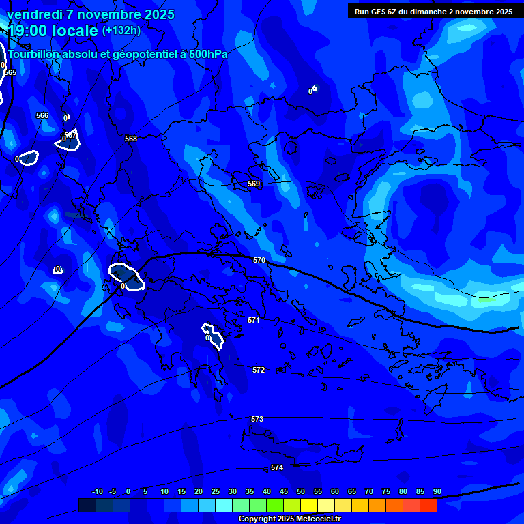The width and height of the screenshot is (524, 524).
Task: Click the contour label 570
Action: tap(259, 260)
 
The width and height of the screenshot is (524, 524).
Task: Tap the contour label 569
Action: tap(254, 184)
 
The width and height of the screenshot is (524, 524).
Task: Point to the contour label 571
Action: tap(254, 320)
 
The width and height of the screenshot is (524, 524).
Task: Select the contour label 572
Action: tap(259, 370)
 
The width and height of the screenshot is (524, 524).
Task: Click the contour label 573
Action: tap(257, 419)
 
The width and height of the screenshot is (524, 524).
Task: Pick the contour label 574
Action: tap(277, 467)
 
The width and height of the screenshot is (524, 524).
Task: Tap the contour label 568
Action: tap(131, 139)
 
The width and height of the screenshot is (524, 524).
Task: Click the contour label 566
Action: tap(42, 115)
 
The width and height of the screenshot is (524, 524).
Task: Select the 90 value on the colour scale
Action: tap(437, 491)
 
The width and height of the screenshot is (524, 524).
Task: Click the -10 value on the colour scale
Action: tap(97, 491)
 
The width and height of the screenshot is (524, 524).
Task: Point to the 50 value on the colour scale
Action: tap(301, 491)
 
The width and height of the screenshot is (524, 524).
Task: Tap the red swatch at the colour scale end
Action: tap(428, 505)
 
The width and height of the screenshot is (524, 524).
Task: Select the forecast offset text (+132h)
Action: tap(121, 30)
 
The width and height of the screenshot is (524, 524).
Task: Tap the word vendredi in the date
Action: tap(31, 14)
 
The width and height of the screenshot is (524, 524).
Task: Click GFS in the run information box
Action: tap(382, 12)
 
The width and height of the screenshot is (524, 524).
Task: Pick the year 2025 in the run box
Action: tap(501, 12)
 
